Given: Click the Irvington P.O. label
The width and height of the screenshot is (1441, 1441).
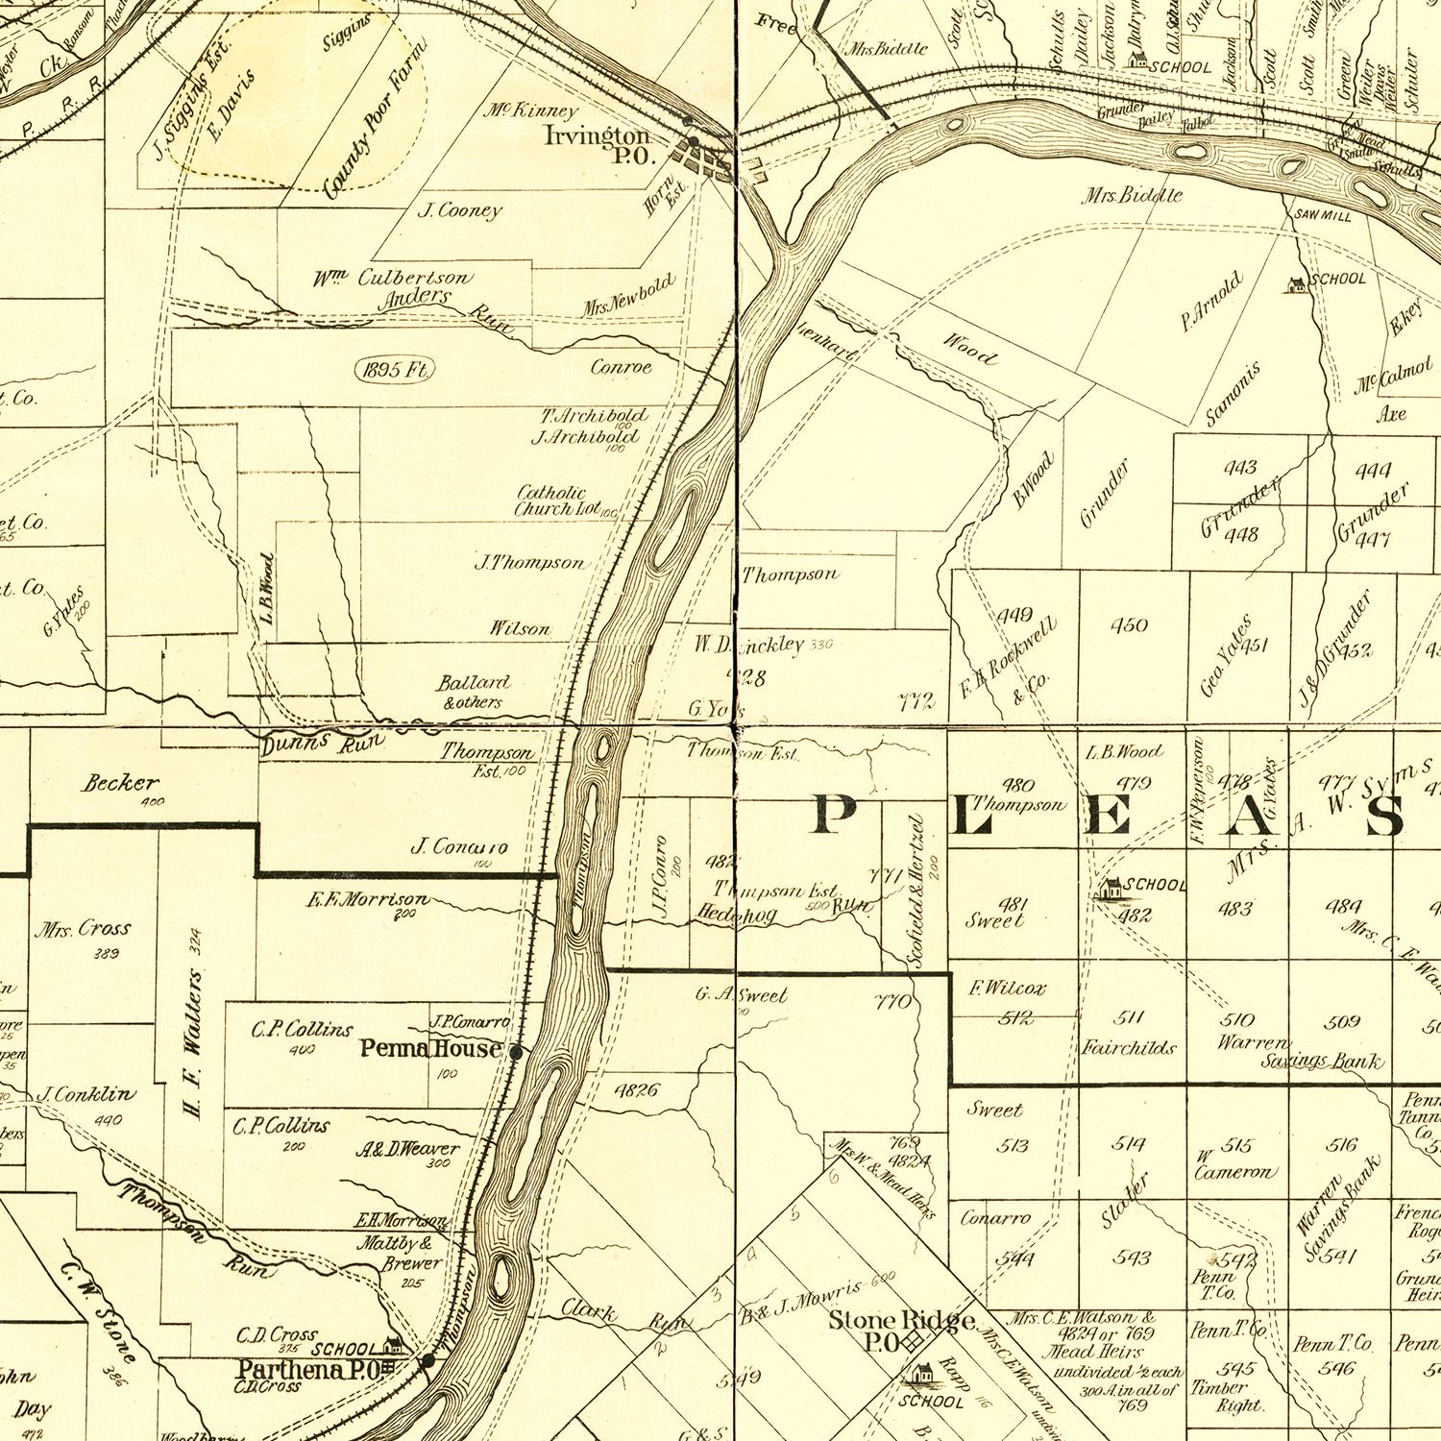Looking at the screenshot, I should point(598,144).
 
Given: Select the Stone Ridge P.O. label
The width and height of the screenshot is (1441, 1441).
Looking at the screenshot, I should point(901,1331).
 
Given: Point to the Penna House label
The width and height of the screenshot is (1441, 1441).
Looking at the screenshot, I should point(431,1048).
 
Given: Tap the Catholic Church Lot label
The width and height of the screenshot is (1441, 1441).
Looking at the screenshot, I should point(559,501).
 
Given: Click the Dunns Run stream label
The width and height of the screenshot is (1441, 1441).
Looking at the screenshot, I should point(322,742).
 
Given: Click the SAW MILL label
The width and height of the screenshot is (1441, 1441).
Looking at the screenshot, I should point(1323,216).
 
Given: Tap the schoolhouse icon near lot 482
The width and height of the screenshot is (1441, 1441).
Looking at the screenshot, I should point(1111,889).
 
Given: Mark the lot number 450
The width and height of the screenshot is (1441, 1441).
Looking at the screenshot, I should point(1129,625).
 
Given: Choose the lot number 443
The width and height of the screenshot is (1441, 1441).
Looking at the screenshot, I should point(1240,468).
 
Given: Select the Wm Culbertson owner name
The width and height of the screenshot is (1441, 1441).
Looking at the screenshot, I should point(392,279).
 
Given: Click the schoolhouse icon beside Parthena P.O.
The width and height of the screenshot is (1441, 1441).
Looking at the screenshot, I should point(393,1346).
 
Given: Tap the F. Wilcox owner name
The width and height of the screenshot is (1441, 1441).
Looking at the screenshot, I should point(1007,988).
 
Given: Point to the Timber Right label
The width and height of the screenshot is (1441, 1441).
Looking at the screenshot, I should point(1219,1396).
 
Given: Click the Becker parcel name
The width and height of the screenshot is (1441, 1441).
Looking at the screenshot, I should point(120,783).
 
